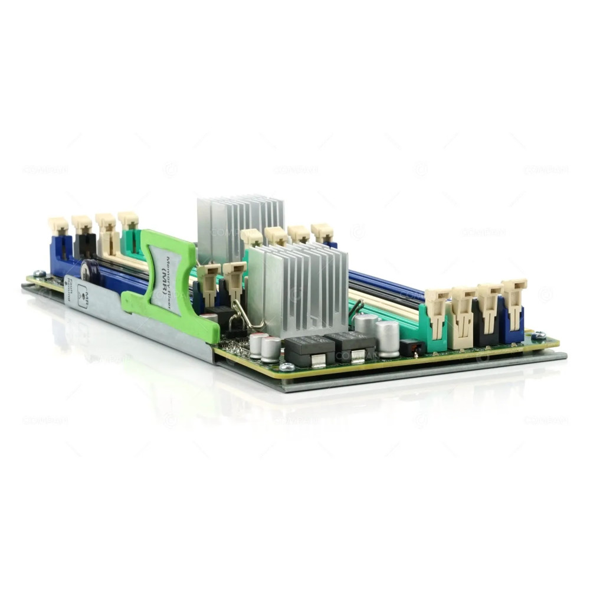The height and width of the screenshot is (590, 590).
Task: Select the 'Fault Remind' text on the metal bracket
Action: click(x=68, y=290)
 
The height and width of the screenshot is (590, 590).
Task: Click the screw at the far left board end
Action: click(x=39, y=274)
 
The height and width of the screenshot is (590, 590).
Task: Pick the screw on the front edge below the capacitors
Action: click(x=287, y=367)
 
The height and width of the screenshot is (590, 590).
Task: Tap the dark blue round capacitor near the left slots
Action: click(x=88, y=270)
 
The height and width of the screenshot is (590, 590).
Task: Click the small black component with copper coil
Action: click(x=413, y=347)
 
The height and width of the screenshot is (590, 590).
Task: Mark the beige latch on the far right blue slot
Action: click(x=513, y=301)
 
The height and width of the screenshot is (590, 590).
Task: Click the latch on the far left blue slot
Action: click(x=58, y=227)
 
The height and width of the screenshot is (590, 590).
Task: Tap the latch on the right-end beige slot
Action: click(x=463, y=307)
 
